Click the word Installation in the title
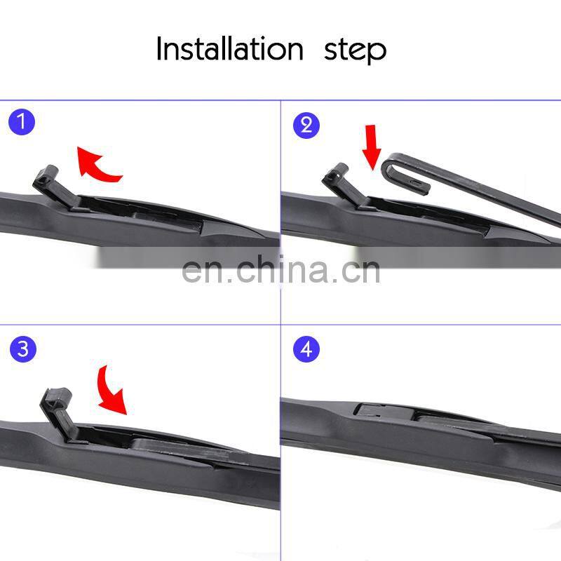click(x=229, y=49)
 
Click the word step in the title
click(x=355, y=50)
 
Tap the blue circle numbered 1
click(x=22, y=123)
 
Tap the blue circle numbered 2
click(x=305, y=125)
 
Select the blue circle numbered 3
click(x=22, y=349)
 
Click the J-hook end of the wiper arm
click(x=393, y=168)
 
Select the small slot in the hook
click(x=416, y=182)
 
